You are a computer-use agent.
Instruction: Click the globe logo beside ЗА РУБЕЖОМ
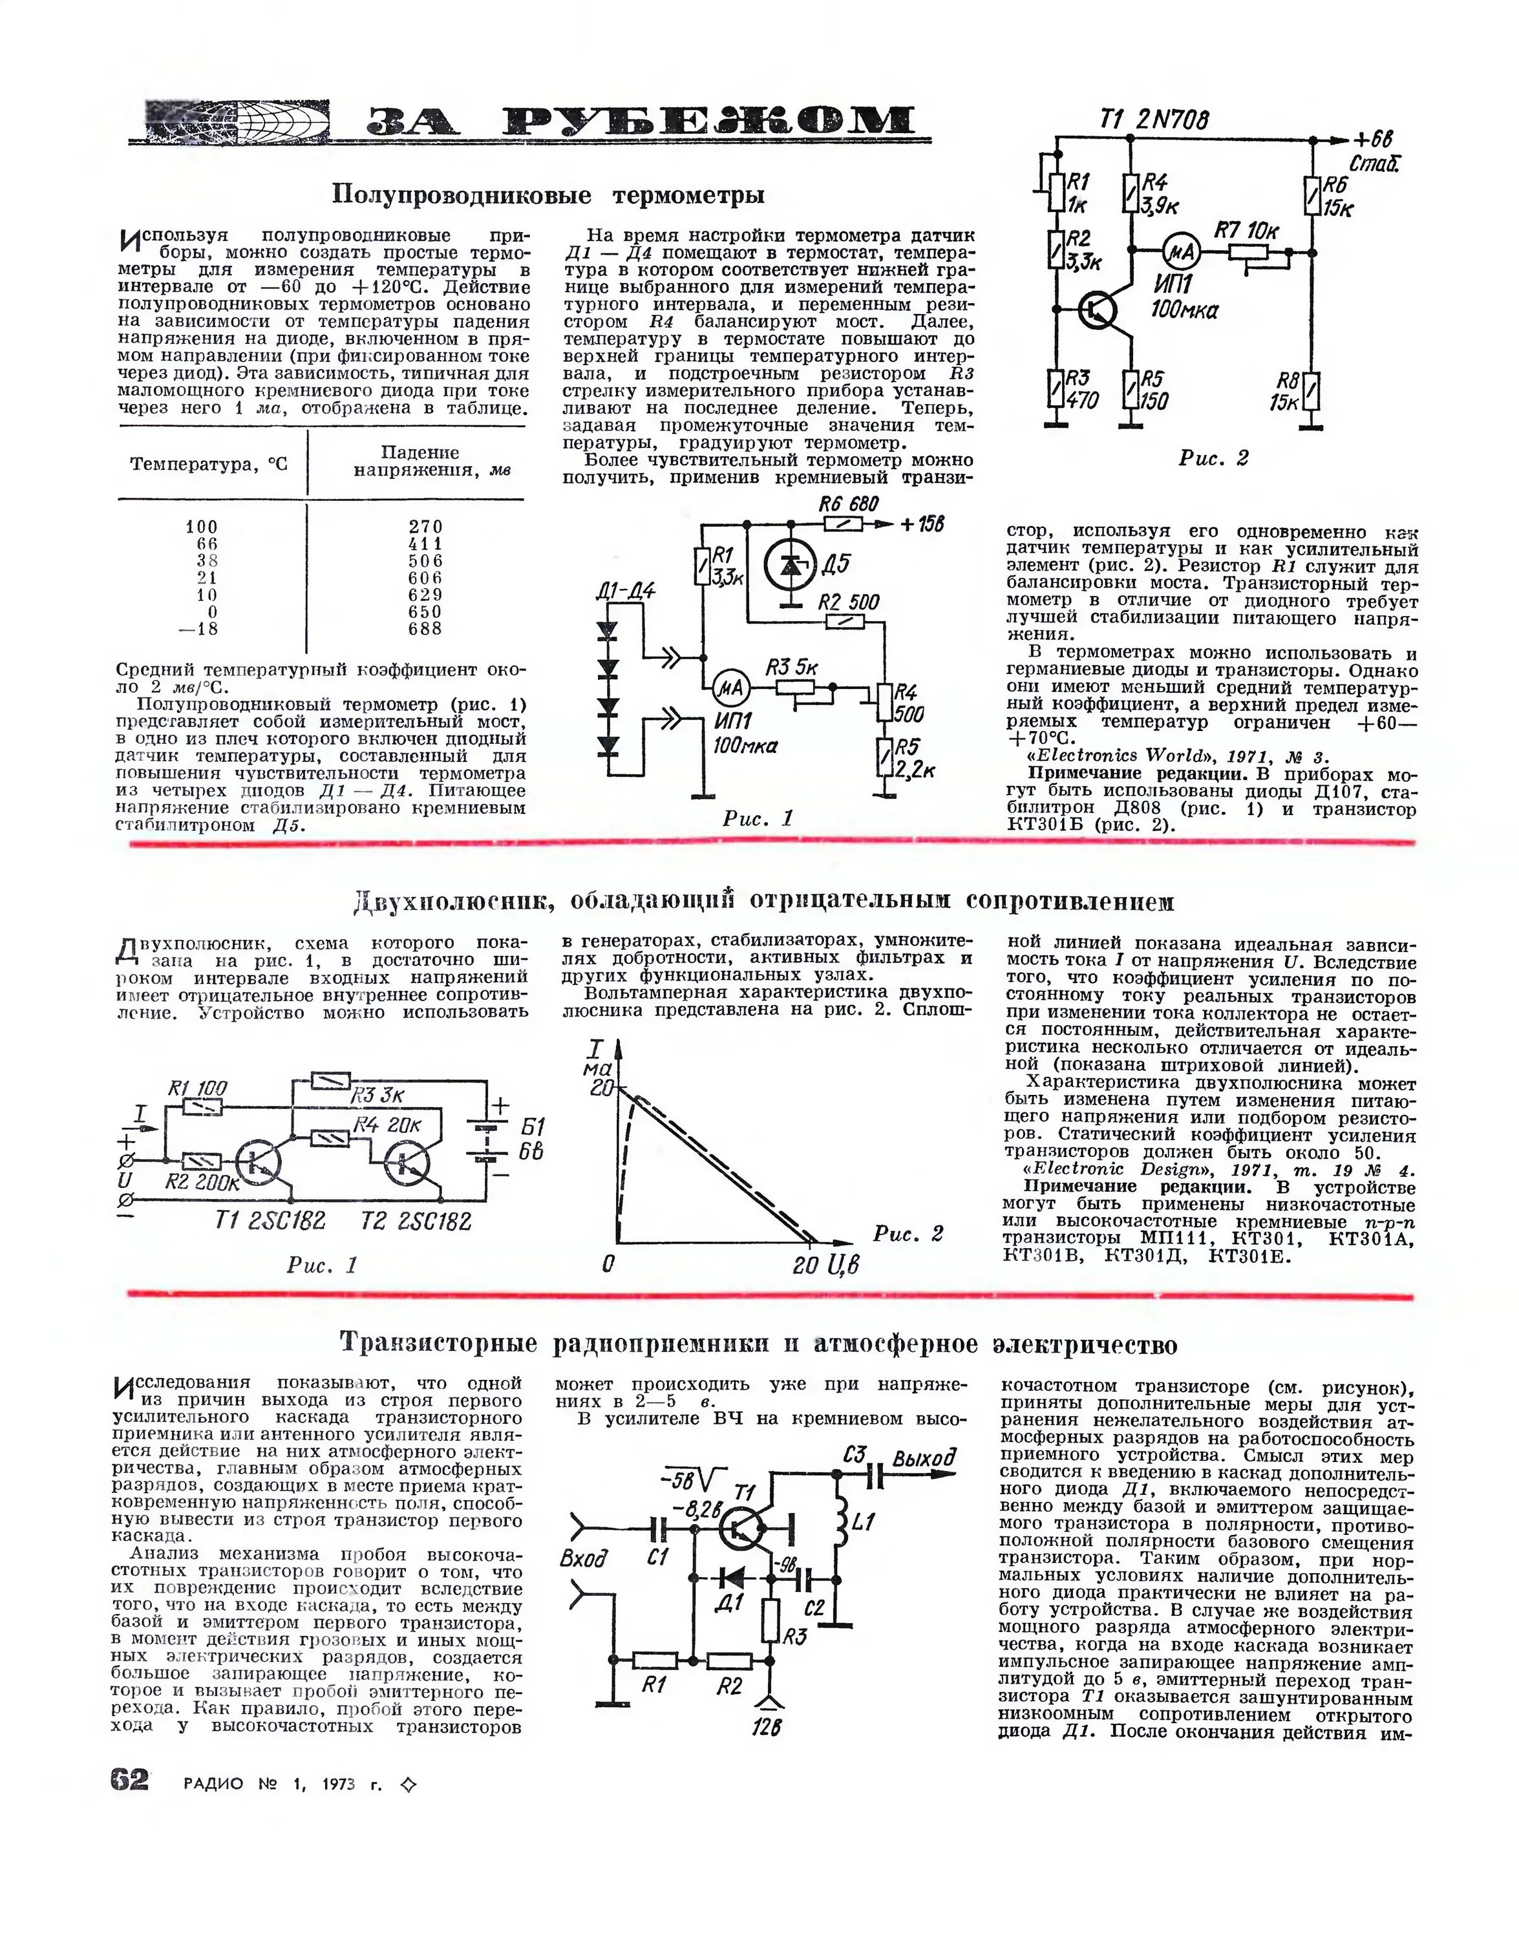pyautogui.click(x=239, y=122)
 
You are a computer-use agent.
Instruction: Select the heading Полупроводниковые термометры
pyautogui.click(x=548, y=194)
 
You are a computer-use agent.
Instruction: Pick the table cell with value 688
pyautogui.click(x=425, y=628)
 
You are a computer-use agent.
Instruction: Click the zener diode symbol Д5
pyautogui.click(x=789, y=566)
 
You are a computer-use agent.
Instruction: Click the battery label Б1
pyautogui.click(x=532, y=1125)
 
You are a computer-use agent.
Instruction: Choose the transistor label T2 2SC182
pyautogui.click(x=416, y=1221)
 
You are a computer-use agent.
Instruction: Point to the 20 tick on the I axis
pyautogui.click(x=602, y=1087)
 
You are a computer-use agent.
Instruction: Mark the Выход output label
pyautogui.click(x=924, y=1458)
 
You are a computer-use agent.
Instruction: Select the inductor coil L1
pyautogui.click(x=838, y=1522)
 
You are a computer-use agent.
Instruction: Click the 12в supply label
pyautogui.click(x=766, y=1728)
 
